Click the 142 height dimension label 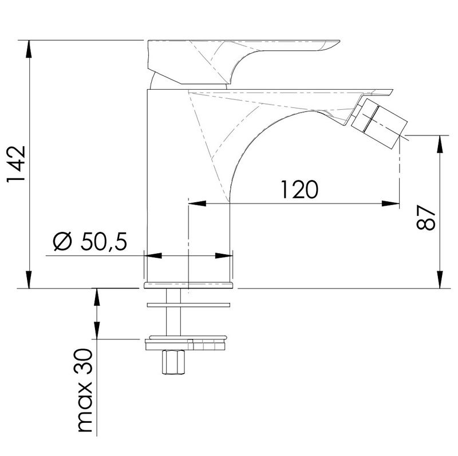[x=17, y=164]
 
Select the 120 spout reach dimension [x=299, y=190]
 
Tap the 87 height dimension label [x=426, y=218]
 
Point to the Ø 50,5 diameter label [x=90, y=242]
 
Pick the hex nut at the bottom [x=173, y=362]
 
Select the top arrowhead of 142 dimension [x=29, y=49]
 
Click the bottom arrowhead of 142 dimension [x=29, y=279]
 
